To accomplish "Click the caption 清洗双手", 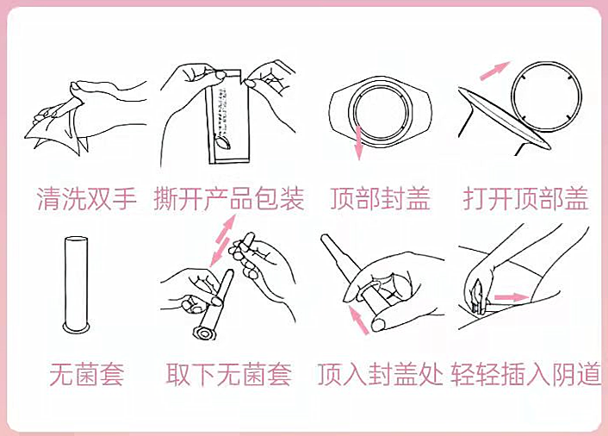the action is coord(86,199).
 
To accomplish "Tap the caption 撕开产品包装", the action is coord(229,199).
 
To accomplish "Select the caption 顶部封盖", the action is coord(380,199).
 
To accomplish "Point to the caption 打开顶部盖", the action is coord(526,199).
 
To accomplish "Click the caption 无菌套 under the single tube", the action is coord(87,374).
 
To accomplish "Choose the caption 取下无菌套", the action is coord(229,374).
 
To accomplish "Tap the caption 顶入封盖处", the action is coord(380,374).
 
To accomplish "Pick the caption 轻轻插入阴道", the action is coord(526,374).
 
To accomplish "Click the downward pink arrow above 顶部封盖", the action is coord(358,143).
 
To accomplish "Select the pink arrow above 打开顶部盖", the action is coord(495,71).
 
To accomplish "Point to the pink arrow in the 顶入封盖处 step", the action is coord(359,320).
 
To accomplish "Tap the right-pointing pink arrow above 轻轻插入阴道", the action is coord(512,297).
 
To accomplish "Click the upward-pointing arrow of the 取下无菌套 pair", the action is coord(226,229).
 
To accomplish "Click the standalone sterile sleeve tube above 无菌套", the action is coord(77,284).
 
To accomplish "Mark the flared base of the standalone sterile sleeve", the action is coord(77,327).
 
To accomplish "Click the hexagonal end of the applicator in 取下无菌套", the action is coord(204,333).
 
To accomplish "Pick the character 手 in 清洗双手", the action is coord(124,199).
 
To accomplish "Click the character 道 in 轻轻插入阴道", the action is coord(589,374).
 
